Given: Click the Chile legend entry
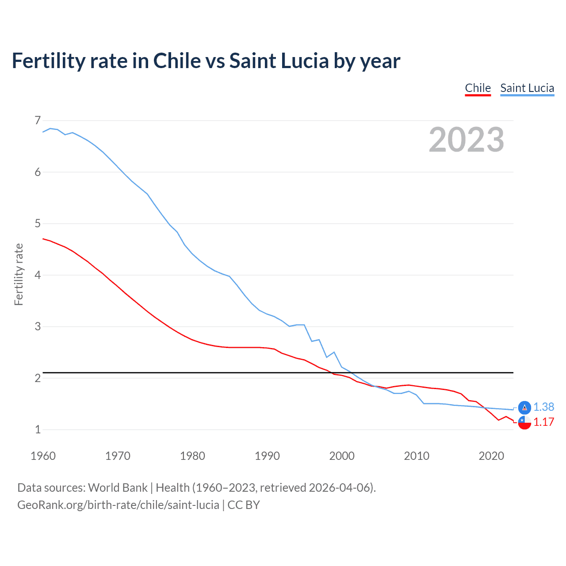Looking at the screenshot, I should (x=478, y=88).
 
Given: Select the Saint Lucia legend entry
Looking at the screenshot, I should (x=527, y=88).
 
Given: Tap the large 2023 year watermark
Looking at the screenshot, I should (x=466, y=140).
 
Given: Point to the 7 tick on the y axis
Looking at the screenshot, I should (x=37, y=120).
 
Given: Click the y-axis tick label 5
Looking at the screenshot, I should (x=37, y=224).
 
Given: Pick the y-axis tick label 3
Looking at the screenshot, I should (x=37, y=327).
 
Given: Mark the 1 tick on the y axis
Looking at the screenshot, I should (x=37, y=429).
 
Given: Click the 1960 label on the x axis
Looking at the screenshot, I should (x=43, y=456).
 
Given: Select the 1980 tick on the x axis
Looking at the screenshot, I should (x=192, y=456).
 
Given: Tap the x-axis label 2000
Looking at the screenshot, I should (x=342, y=456).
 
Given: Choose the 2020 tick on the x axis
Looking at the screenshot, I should (x=491, y=456).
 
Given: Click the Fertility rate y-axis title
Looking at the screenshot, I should (x=19, y=274).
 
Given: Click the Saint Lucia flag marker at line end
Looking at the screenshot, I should (x=524, y=408).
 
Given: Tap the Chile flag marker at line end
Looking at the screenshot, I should (x=524, y=422).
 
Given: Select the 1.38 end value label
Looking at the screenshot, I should (x=543, y=407).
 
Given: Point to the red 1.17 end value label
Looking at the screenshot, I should (x=543, y=422).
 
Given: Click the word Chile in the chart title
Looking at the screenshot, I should (x=177, y=61).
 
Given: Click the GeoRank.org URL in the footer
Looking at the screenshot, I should (x=118, y=505).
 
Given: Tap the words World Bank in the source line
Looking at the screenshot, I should (x=118, y=488).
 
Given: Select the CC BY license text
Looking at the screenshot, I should (x=244, y=505).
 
